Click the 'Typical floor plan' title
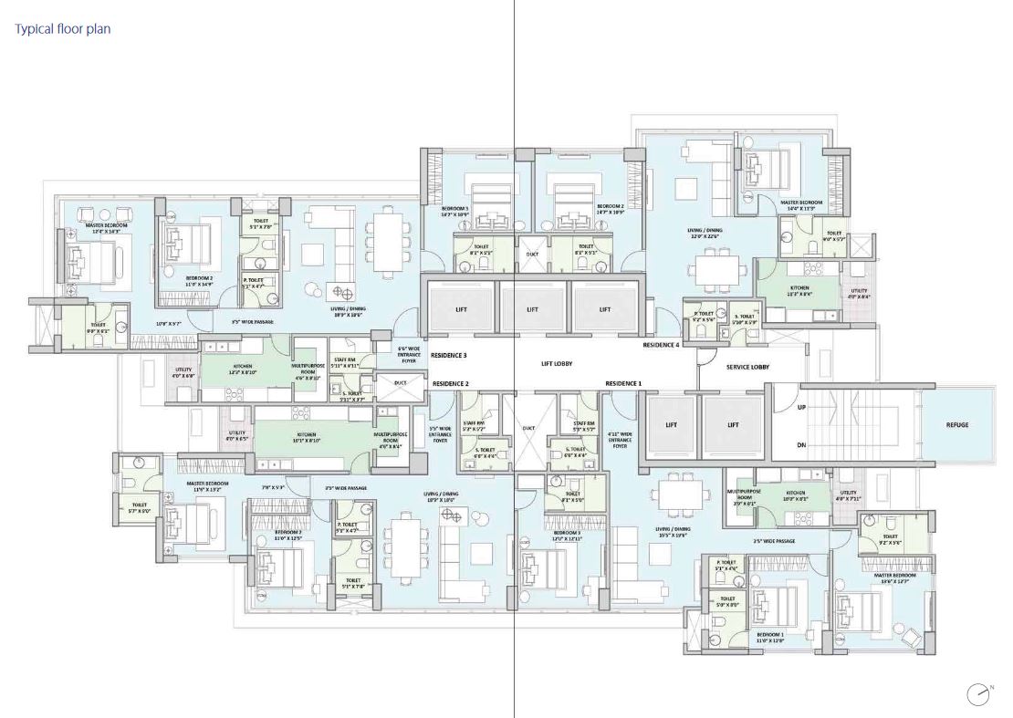63,29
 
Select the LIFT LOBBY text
556,363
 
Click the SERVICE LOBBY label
747,367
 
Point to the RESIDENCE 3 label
450,355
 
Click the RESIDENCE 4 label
662,345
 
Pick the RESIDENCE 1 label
623,383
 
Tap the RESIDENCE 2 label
450,383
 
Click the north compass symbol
978,693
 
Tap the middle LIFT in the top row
533,309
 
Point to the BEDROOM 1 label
770,637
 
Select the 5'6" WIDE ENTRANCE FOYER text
408,354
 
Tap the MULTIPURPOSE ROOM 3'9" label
745,496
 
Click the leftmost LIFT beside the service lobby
670,425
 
